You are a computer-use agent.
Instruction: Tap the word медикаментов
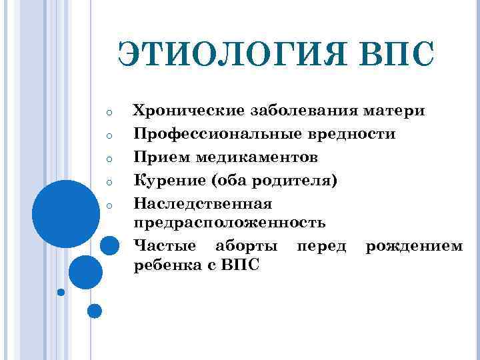pos(257,157)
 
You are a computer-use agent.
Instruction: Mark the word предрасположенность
pos(230,221)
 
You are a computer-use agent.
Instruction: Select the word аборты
pos(248,246)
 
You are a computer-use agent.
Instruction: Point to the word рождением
pos(413,246)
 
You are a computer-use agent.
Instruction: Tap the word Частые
pos(165,246)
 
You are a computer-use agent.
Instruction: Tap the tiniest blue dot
pos(61,292)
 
